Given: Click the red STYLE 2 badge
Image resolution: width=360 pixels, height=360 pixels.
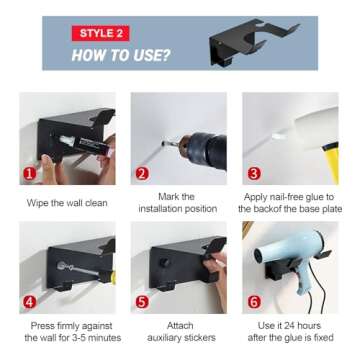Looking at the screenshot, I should [100, 33].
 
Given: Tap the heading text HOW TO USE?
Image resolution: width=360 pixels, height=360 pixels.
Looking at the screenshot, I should [119, 55].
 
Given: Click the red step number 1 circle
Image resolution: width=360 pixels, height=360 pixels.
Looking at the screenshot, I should [31, 173].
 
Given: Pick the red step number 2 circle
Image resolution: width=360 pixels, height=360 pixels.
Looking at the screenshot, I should [143, 173].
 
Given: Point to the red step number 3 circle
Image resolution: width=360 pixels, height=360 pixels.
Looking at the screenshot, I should [254, 173].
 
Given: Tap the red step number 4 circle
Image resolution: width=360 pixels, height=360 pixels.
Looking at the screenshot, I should [31, 300].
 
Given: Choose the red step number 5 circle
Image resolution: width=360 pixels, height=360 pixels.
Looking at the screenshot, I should [143, 300].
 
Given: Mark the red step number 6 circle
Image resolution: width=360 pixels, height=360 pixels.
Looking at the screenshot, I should [254, 300].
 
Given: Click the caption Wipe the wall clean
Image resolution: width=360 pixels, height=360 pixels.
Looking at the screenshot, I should [67, 201].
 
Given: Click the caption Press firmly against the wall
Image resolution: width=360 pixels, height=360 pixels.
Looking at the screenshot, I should [67, 331].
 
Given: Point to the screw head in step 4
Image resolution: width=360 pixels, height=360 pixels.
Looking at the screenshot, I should [61, 266].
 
